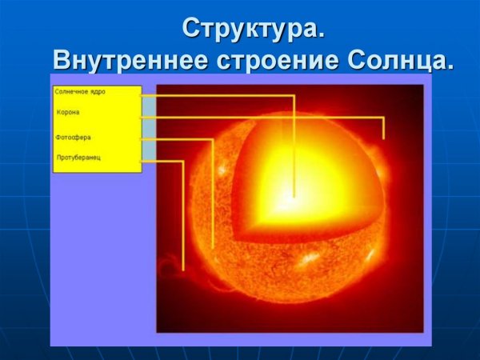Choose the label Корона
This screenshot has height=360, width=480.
pos(68,112)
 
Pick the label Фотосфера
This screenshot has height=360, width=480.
pos(73,138)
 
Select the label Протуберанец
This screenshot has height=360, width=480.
pos(77,158)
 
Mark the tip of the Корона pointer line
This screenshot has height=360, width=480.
pos(384,138)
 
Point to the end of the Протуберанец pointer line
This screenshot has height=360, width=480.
pos(183,268)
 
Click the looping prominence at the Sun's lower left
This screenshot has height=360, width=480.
pos(170,265)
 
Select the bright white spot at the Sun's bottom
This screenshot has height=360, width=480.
pos(308,261)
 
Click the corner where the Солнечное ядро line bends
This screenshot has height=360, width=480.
pos(294,96)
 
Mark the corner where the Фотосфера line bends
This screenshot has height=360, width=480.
pos(213,140)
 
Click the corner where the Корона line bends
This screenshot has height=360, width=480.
pos(384,118)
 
